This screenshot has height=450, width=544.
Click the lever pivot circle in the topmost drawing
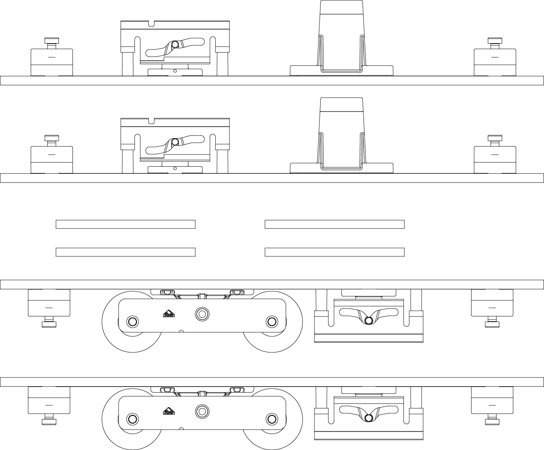point(175,45)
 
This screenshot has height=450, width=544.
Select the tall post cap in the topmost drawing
point(341,7)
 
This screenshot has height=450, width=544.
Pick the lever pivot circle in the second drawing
point(175,142)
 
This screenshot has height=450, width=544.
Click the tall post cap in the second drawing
point(341,105)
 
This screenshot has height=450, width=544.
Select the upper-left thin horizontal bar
point(125,224)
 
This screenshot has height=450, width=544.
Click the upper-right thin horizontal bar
point(334,224)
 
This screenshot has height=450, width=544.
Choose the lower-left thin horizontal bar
point(125,252)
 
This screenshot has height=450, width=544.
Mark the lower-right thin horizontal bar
point(334,252)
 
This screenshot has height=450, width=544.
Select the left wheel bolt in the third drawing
point(132,321)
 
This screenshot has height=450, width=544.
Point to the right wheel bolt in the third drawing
point(271,321)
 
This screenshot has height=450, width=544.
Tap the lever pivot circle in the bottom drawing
point(369,417)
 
